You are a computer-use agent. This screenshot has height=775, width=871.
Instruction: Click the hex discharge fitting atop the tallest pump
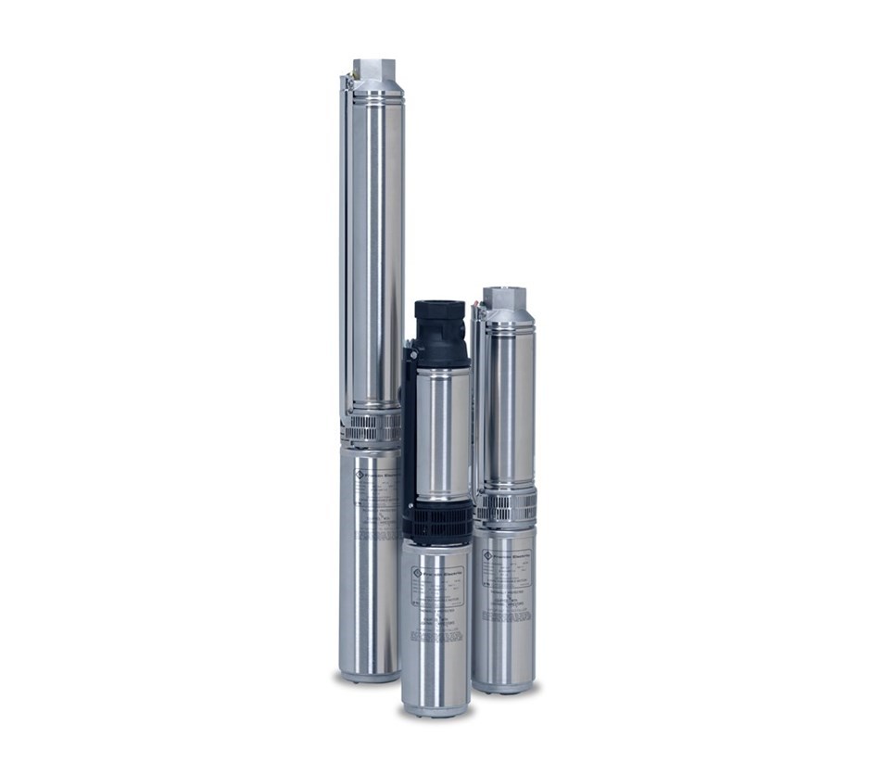coord(374,70)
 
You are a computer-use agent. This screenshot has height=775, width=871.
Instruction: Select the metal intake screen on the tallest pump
coord(372,428)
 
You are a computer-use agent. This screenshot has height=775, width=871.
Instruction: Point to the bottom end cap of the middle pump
coord(435,709)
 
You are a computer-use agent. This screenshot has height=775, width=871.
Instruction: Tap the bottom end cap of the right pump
coord(503,687)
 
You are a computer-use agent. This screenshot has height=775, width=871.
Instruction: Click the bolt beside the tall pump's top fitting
coord(348,82)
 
